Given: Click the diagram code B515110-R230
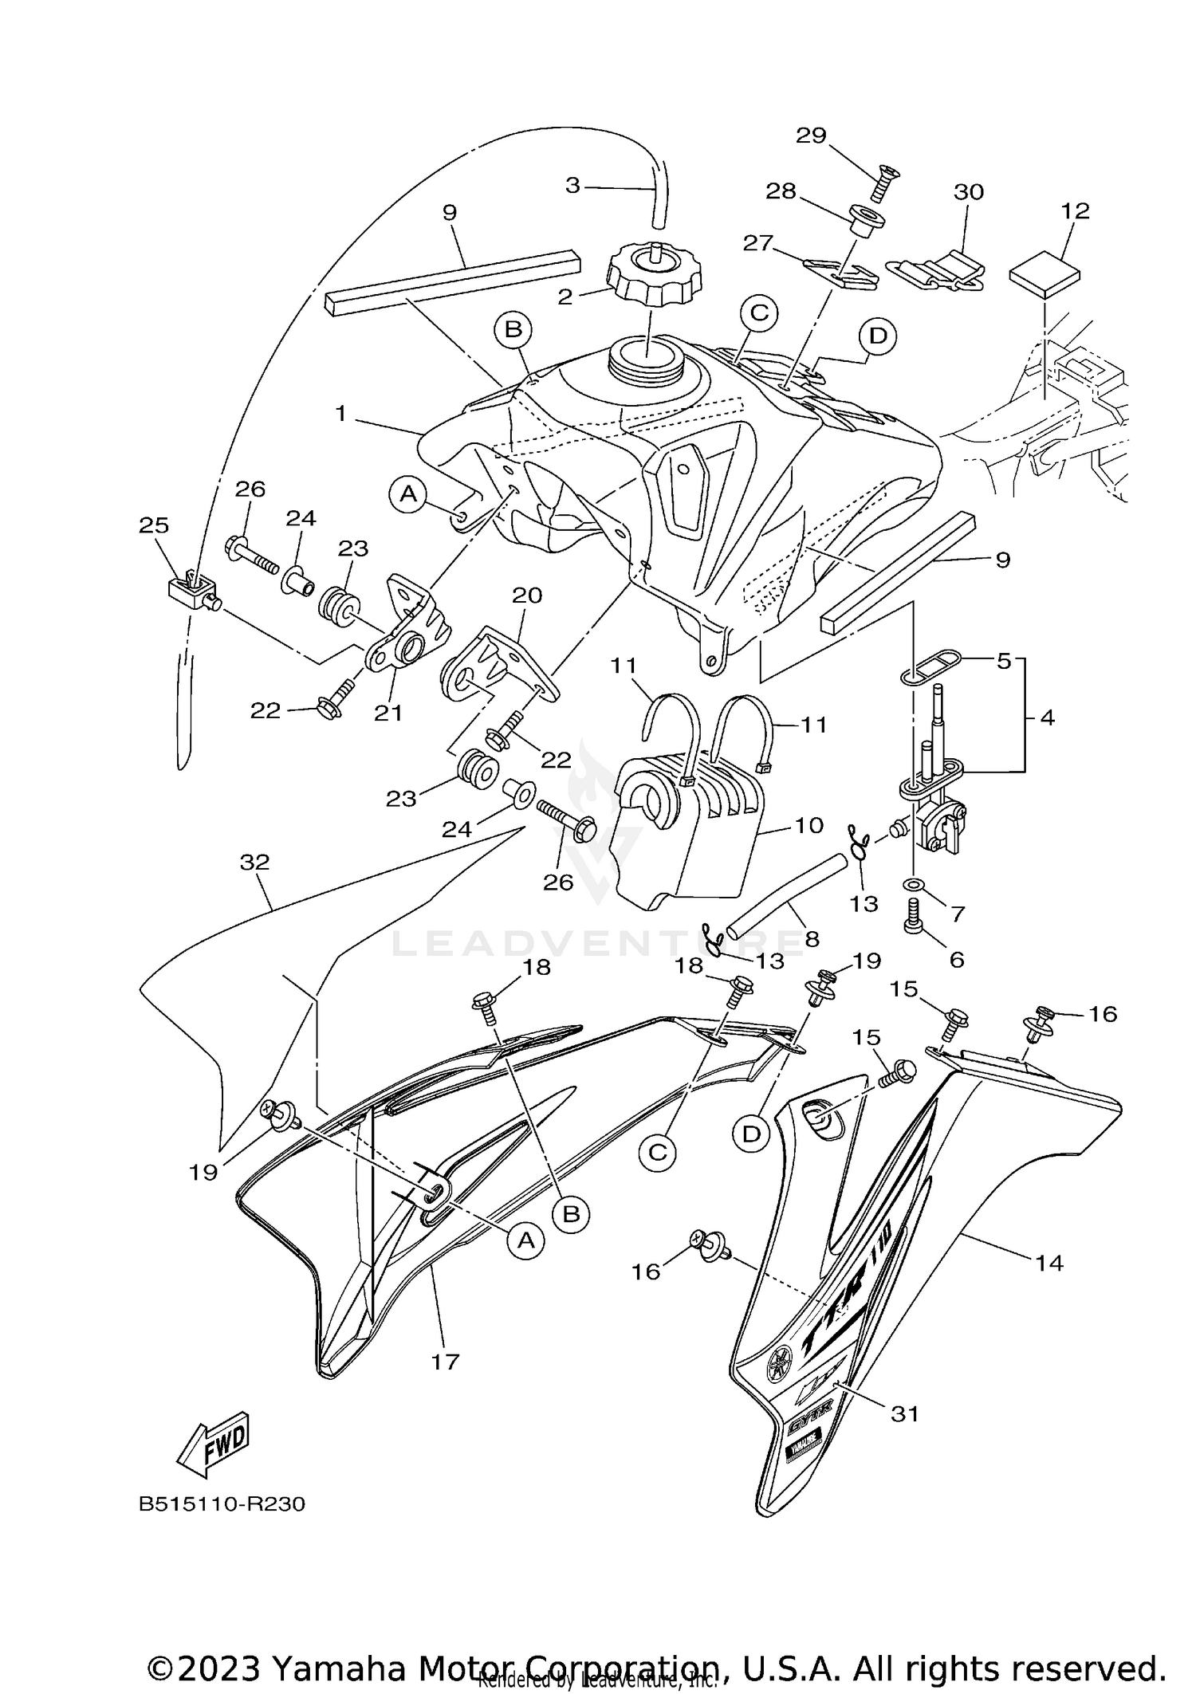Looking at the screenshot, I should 222,1504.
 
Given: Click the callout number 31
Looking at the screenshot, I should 904,1414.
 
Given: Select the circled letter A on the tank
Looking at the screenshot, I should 407,494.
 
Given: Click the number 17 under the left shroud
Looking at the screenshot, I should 445,1361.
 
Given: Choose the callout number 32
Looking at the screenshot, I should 255,862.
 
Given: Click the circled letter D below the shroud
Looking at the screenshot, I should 751,1134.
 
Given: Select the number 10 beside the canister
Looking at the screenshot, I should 808,825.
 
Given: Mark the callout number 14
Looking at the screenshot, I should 1049,1262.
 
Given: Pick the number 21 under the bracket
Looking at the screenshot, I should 388,713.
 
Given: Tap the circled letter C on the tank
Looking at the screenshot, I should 759,313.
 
